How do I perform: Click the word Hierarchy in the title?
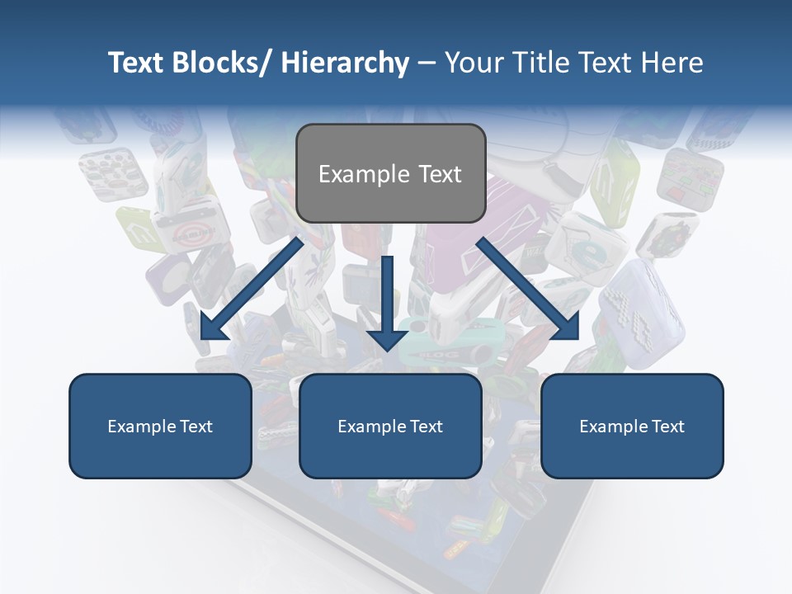coord(345,63)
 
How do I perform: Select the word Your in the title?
coord(474,63)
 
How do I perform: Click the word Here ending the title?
coord(672,63)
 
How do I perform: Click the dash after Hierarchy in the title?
coord(427,64)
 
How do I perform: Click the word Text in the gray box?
coord(440,174)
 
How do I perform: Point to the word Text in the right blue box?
coord(667,427)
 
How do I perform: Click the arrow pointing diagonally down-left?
coord(247,289)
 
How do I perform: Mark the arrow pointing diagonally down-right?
coord(528,289)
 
